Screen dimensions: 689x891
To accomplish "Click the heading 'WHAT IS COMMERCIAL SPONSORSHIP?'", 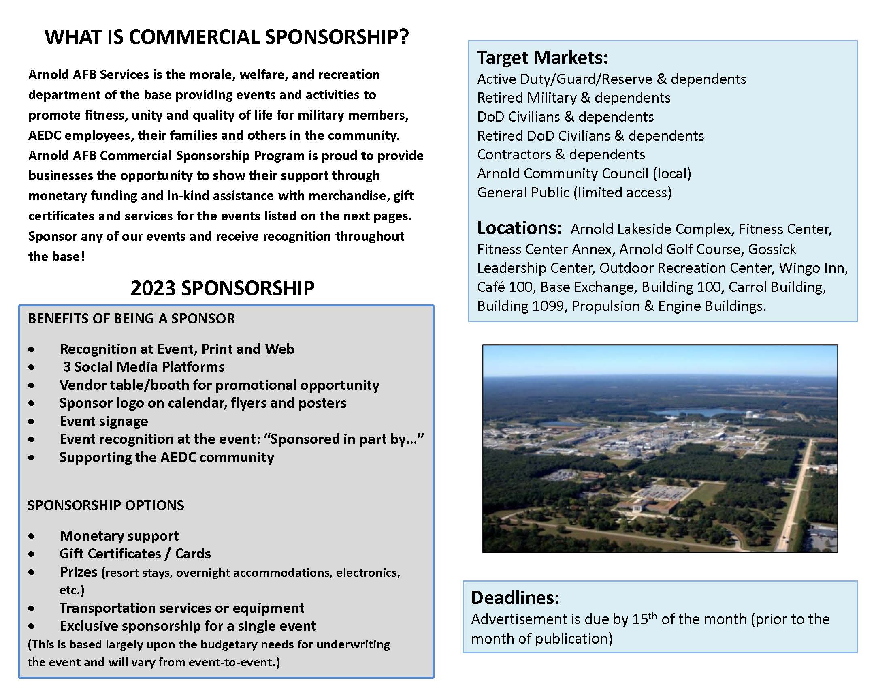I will [226, 37].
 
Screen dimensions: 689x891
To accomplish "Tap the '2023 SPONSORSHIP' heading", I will [222, 288].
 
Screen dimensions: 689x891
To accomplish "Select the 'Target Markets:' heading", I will [542, 58].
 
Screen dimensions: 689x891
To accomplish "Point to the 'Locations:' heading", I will [519, 228].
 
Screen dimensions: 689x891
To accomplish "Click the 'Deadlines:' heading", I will [515, 597].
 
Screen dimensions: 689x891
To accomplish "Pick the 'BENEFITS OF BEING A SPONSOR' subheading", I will [131, 319].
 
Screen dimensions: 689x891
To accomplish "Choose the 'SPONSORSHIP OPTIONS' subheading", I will [106, 505].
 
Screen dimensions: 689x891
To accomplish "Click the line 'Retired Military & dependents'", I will [573, 98].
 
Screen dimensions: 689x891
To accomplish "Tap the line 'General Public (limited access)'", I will [574, 193].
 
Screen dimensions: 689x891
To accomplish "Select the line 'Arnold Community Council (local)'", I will [584, 174].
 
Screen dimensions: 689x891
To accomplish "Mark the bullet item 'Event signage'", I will [104, 421].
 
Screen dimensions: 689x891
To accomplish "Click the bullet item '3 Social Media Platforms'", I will [144, 367].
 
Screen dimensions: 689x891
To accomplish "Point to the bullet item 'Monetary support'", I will [119, 536].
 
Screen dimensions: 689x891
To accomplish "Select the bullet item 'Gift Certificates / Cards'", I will [135, 554].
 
